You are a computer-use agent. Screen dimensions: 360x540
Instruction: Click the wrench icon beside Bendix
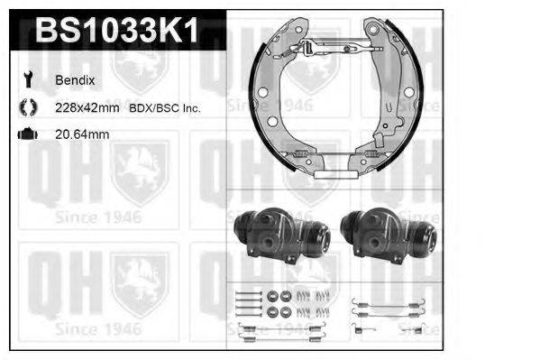click(27, 79)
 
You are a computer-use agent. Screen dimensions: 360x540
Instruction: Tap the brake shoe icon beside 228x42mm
click(27, 107)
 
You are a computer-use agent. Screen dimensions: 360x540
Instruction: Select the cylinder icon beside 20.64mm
click(27, 134)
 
